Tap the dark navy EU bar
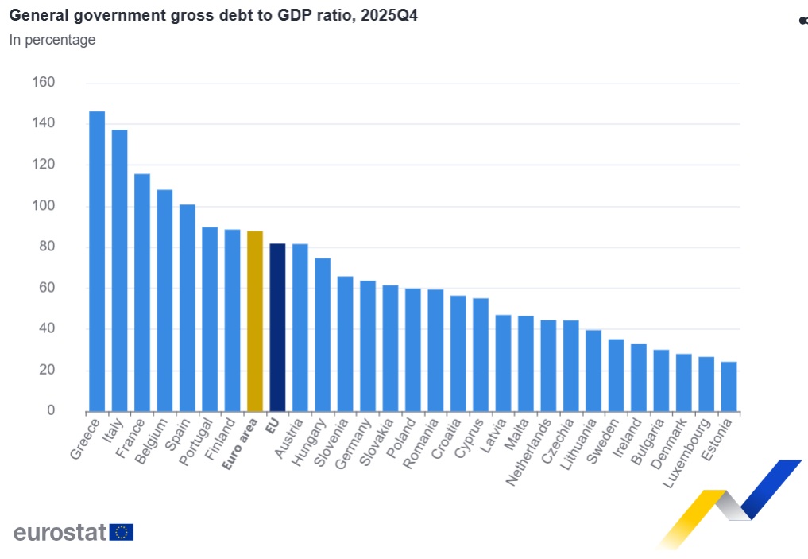pos(277,327)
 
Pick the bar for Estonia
pos(729,386)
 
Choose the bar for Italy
pos(119,270)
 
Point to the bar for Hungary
pos(322,335)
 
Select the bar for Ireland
pos(639,377)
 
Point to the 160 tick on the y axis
pos(44,83)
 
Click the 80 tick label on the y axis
pos(47,247)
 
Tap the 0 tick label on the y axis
pos(51,411)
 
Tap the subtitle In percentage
pos(52,40)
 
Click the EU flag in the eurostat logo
pos(122,532)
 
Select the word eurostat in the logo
pos(60,532)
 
